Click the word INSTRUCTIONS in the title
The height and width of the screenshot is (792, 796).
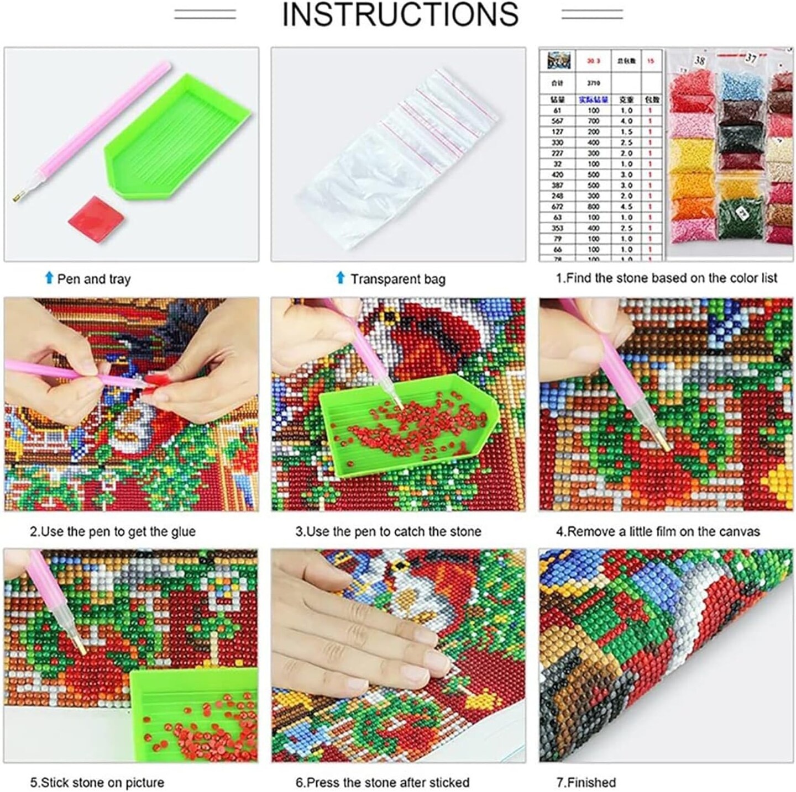tap(400, 15)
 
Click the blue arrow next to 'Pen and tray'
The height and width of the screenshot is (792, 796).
tap(49, 278)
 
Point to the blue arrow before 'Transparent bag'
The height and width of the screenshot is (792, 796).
tap(341, 278)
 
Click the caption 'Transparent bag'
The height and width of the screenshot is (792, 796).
tap(397, 279)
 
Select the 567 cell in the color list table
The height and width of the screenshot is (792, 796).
tap(557, 121)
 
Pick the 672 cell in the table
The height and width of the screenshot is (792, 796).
tap(557, 207)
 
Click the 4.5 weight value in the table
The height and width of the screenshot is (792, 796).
tap(626, 207)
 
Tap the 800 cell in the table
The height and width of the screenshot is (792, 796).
tap(593, 207)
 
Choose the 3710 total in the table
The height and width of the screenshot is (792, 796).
tap(593, 83)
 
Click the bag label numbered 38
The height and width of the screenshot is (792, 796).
tap(699, 60)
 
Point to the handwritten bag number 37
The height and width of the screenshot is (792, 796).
tap(751, 58)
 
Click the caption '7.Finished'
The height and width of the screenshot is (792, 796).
tap(585, 782)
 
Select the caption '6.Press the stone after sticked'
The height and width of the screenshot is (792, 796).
tap(382, 782)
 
